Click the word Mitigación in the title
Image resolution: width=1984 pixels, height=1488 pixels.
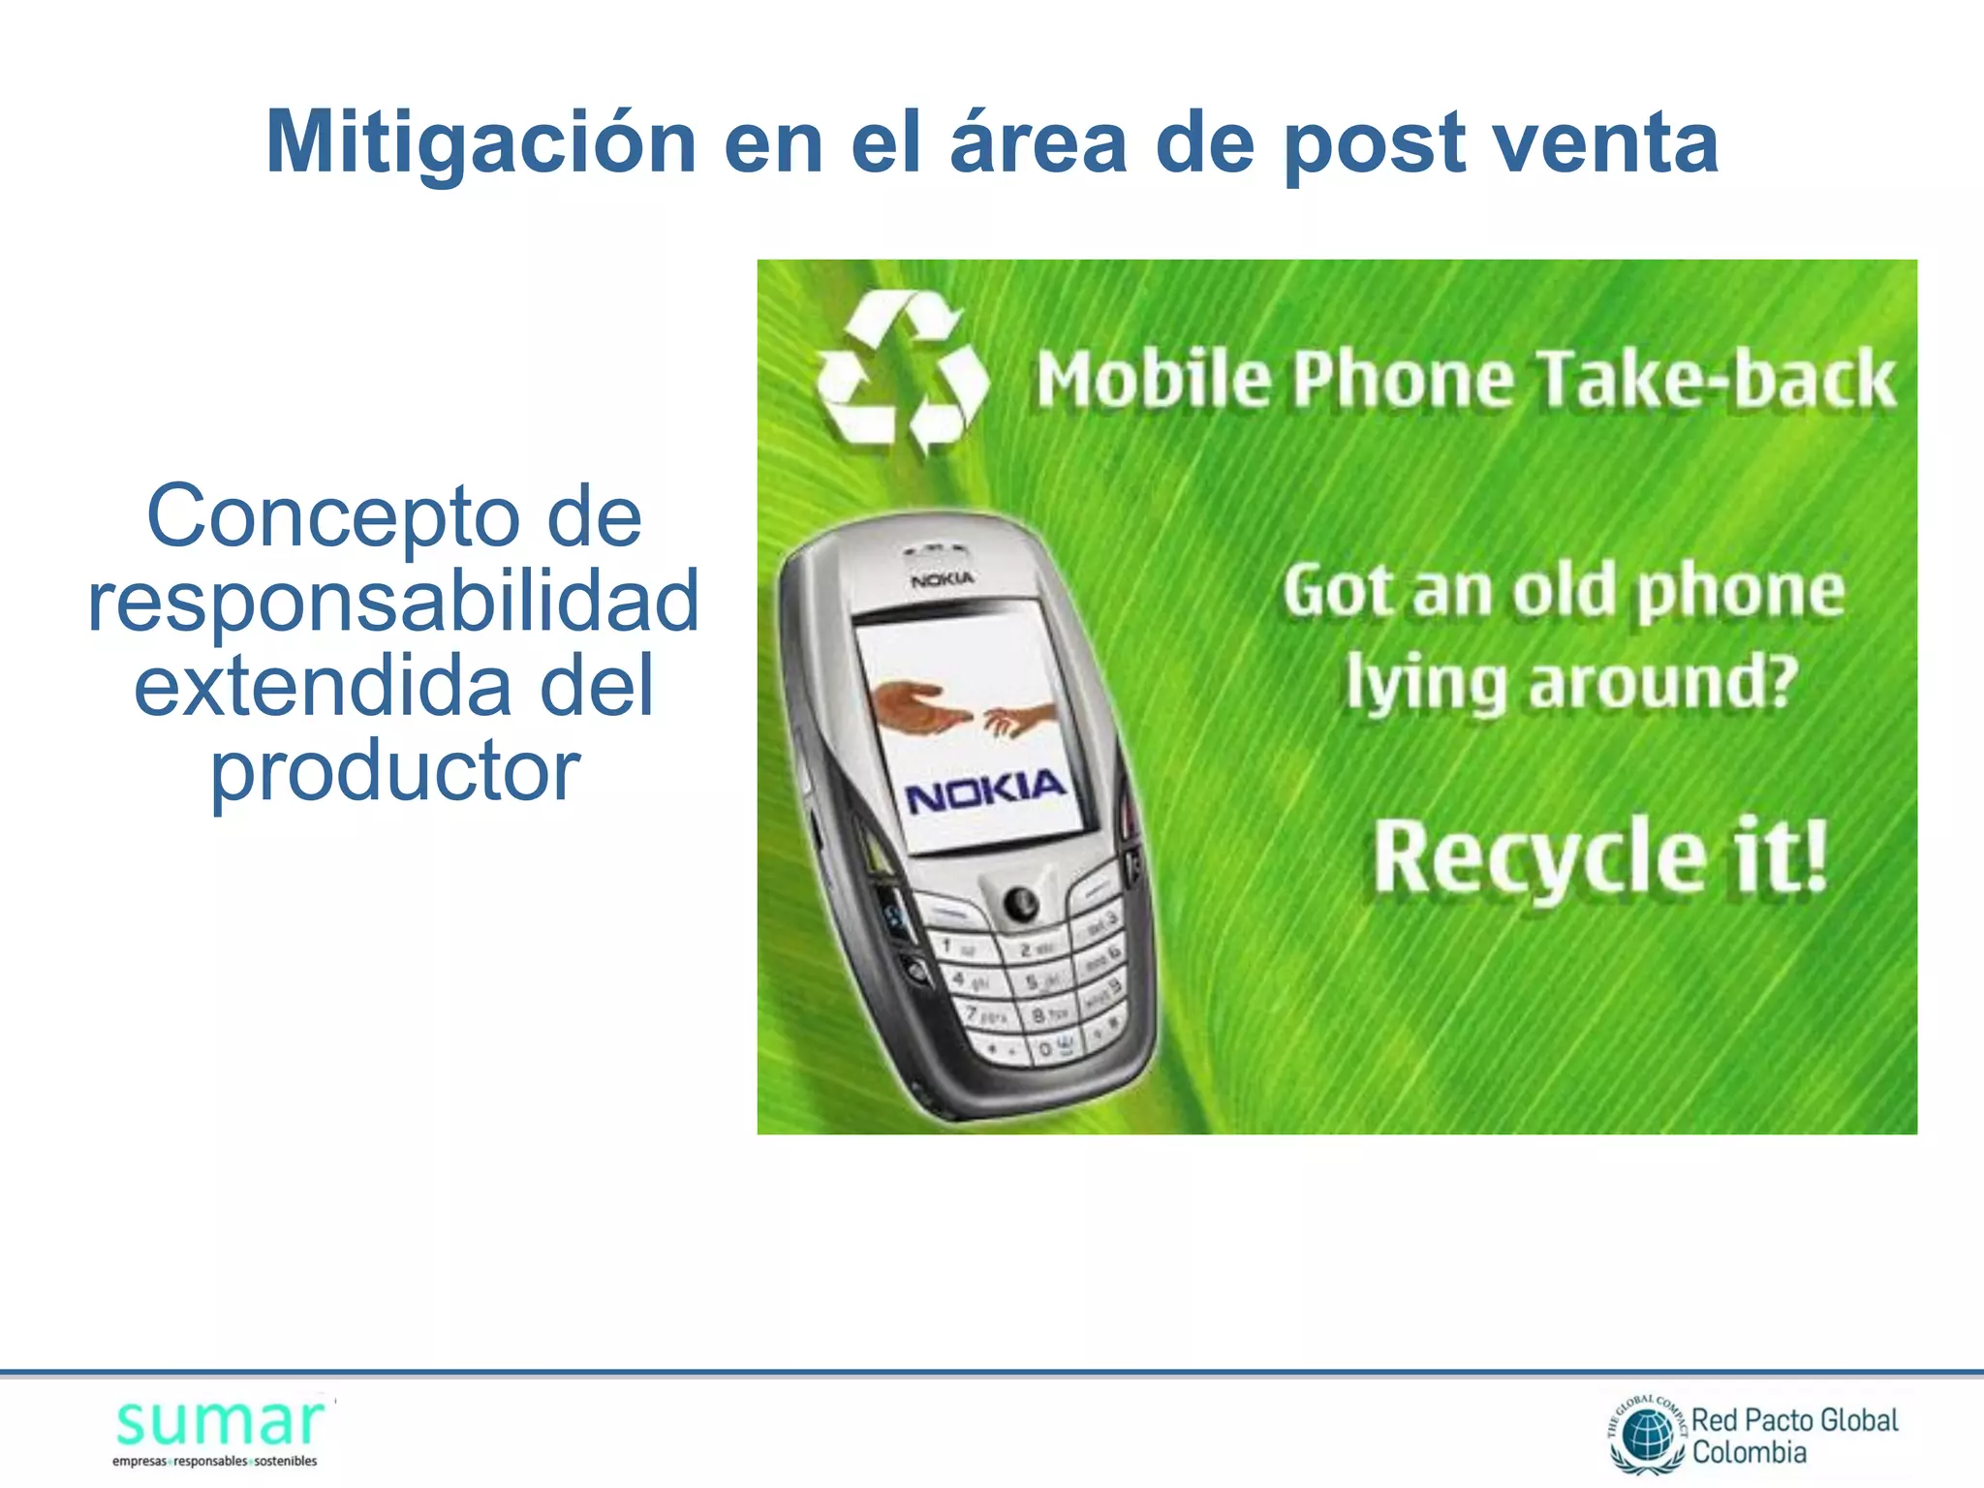[x=480, y=142]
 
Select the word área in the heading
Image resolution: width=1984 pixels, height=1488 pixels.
[x=1038, y=142]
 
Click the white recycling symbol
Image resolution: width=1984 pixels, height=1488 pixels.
[x=902, y=373]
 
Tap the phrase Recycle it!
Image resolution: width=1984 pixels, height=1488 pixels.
[x=1599, y=854]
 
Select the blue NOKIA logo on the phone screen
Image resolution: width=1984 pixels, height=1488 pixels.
[x=984, y=790]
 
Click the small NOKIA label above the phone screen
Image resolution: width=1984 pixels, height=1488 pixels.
[x=942, y=579]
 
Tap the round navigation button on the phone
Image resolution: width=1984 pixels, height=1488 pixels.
[x=1019, y=903]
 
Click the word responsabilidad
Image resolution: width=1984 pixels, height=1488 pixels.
[x=393, y=601]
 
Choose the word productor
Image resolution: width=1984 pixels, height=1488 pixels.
[x=395, y=771]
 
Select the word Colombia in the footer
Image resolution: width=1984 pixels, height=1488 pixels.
[x=1749, y=1452]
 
